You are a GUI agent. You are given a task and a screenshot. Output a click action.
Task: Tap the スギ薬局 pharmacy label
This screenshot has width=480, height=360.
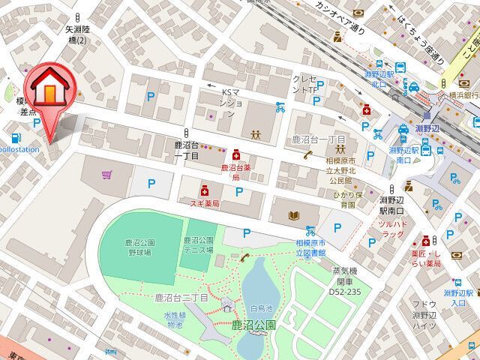pyautogui.click(x=204, y=203)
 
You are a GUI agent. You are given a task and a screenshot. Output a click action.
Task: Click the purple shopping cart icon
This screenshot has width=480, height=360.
pyautogui.click(x=107, y=175)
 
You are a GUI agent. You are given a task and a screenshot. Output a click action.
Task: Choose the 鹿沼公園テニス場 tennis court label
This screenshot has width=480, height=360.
pyautogui.click(x=199, y=244)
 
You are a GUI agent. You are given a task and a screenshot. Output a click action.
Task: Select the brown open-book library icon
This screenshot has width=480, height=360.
pyautogui.click(x=293, y=215)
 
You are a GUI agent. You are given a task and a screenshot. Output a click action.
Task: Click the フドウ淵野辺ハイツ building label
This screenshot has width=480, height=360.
pyautogui.click(x=425, y=315)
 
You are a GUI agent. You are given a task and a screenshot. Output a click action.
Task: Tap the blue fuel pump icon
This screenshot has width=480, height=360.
pyautogui.click(x=16, y=136)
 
